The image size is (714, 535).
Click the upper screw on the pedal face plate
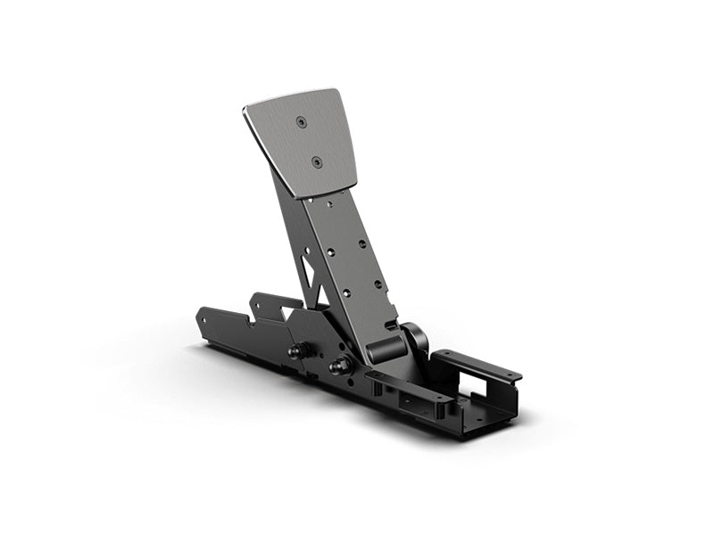click(x=303, y=122)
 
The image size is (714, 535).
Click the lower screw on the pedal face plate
click(x=316, y=162)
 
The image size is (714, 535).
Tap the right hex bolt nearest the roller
click(x=338, y=366)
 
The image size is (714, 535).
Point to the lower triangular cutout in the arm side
click(x=319, y=292)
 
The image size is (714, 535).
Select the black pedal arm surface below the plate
click(x=353, y=259)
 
